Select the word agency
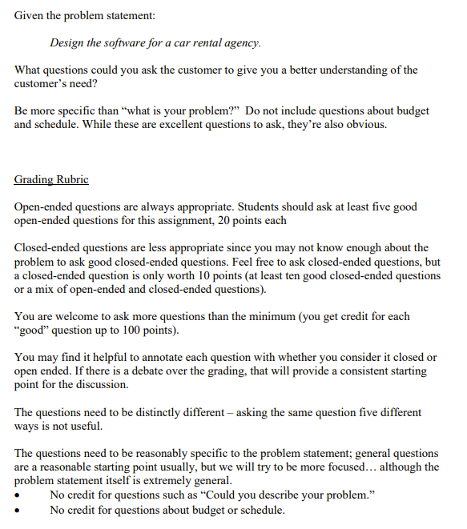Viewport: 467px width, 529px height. (239, 42)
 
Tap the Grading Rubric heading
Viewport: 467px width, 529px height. (51, 179)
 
